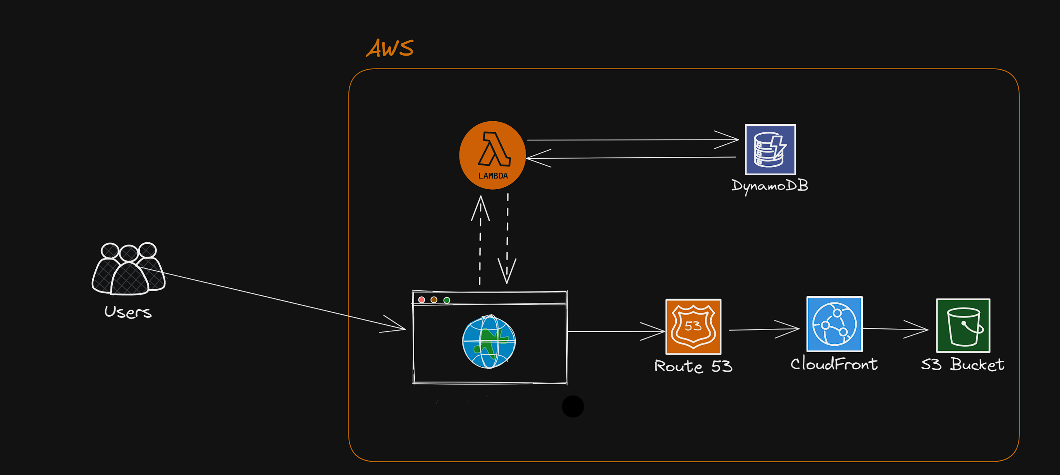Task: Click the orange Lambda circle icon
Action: coord(492,155)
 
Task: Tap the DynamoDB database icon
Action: coord(770,150)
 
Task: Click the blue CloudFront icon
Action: coord(834,324)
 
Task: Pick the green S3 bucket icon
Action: coord(962,325)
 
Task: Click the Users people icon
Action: coord(128,269)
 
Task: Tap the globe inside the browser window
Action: coord(489,342)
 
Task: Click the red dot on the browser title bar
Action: coord(422,300)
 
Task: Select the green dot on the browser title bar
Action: coord(446,300)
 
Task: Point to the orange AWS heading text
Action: coord(390,48)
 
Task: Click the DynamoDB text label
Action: coord(769,186)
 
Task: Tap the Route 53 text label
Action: coord(693,366)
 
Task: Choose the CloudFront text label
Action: coord(834,364)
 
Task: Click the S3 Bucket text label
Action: coord(962,365)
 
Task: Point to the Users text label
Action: coord(128,312)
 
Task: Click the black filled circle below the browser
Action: coord(572,406)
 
